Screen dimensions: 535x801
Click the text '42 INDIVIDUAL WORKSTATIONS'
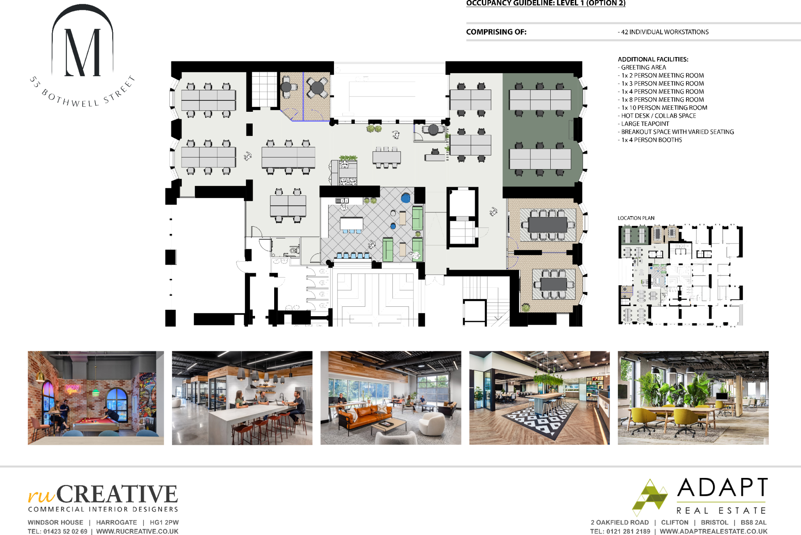(665, 32)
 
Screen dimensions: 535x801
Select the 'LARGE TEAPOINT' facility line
(645, 124)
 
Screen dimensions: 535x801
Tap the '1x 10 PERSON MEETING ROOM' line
(664, 108)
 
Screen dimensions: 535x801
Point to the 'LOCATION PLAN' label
(636, 218)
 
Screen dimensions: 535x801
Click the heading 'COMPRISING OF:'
(496, 32)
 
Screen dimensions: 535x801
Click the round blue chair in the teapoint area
(406, 198)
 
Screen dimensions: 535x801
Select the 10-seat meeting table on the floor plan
(548, 225)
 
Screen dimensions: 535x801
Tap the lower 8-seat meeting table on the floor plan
(554, 284)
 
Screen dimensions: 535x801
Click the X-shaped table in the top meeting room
(317, 88)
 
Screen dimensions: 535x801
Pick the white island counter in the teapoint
(351, 224)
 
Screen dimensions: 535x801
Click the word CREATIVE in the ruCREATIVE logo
(117, 494)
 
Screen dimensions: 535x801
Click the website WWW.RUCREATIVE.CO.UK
(137, 531)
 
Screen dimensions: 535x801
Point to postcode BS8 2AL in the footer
(753, 522)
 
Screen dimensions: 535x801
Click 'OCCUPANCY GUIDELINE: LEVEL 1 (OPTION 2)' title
(546, 4)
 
